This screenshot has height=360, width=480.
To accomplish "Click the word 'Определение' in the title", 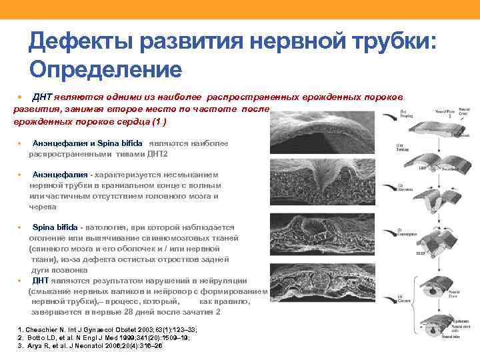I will pos(105,68).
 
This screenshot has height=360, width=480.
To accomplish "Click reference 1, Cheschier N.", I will pos(107,329).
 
